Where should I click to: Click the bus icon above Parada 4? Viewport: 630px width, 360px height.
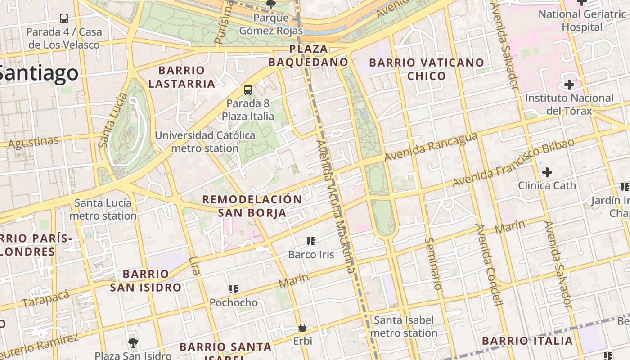tap(64, 18)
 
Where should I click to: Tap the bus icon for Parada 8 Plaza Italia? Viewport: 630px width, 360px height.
tap(248, 90)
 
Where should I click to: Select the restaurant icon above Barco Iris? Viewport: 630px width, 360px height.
tap(310, 241)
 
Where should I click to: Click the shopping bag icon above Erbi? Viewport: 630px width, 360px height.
tap(302, 328)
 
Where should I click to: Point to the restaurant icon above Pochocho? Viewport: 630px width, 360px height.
tap(233, 289)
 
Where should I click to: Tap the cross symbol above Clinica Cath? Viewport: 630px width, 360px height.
tap(547, 172)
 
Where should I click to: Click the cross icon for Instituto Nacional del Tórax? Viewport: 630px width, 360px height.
tap(569, 85)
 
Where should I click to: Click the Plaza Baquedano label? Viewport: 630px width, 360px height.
tap(308, 55)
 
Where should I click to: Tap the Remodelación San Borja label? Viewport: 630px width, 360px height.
tap(252, 206)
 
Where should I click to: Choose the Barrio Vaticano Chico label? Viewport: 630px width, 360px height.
tap(426, 69)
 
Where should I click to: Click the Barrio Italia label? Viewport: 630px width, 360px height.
tap(527, 341)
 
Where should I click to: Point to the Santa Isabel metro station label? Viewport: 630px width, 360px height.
tap(404, 327)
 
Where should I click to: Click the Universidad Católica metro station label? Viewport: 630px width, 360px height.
tap(205, 142)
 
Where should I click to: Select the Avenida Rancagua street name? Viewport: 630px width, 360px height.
tap(430, 147)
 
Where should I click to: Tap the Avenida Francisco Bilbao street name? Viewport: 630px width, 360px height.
tap(513, 163)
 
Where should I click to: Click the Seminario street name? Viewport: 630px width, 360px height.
tap(433, 263)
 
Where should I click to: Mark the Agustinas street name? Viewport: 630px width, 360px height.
tap(34, 142)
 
